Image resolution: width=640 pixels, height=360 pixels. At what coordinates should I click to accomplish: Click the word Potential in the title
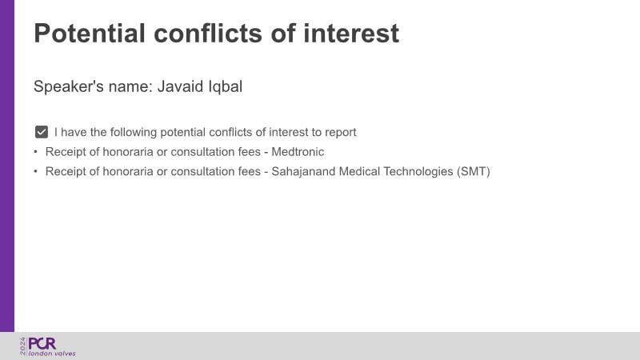point(90,33)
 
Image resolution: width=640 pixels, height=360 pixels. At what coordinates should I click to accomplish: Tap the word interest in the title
point(351,33)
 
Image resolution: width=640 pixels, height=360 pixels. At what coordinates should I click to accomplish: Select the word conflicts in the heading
point(208,33)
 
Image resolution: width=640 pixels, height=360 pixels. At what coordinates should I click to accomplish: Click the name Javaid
point(180,86)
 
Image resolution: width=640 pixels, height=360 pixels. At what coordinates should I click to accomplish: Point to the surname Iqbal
point(226,87)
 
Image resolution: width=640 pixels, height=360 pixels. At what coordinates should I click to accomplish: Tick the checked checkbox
point(42,132)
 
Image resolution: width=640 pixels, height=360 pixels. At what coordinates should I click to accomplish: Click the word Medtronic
point(298,152)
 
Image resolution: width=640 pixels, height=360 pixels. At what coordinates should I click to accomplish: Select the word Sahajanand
point(303,171)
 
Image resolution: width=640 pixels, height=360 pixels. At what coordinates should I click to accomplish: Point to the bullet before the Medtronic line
point(35,152)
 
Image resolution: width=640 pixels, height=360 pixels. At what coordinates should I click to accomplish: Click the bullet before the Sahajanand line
point(35,171)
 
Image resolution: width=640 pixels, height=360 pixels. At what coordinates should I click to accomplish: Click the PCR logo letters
point(42,344)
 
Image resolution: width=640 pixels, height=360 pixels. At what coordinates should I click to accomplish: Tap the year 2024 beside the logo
point(23,346)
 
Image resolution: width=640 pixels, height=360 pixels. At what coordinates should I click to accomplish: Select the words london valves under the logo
point(52,354)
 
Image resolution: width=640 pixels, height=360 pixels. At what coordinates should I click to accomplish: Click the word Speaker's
point(69,87)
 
